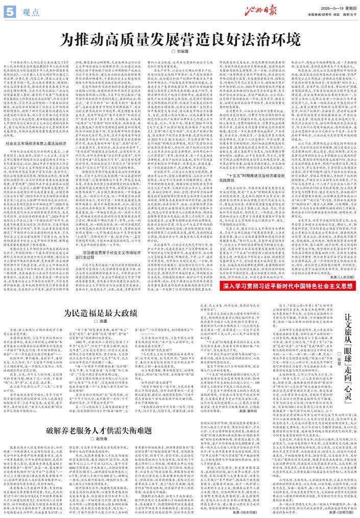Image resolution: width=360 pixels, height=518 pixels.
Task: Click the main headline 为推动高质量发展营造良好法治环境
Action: (179, 38)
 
